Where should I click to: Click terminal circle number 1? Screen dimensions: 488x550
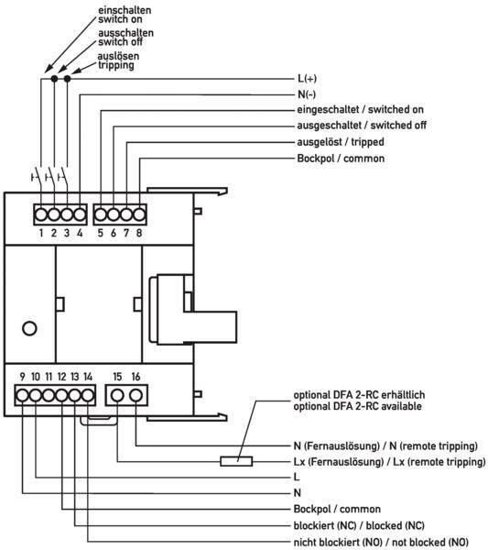[x=41, y=214]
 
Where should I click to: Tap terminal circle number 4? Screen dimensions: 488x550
[x=80, y=214]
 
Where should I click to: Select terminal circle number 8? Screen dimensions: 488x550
[x=139, y=214]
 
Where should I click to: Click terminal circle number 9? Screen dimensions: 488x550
[x=22, y=395]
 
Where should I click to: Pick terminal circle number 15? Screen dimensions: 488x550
[x=117, y=395]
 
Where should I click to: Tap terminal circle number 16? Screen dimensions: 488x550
[x=136, y=395]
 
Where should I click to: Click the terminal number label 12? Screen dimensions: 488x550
[x=61, y=377]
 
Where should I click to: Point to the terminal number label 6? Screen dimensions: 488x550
[x=114, y=233]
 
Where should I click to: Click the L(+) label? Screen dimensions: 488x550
[x=307, y=78]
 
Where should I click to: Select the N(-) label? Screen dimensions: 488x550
[x=307, y=94]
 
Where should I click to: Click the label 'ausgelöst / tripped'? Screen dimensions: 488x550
[x=341, y=142]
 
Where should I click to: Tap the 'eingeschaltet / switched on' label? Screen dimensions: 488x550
[x=360, y=109]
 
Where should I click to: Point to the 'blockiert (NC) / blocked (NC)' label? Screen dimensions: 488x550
[x=359, y=525]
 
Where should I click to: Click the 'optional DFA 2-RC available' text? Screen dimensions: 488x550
[x=357, y=406]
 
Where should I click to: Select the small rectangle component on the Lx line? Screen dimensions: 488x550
[x=236, y=461]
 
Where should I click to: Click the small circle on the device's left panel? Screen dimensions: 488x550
[x=29, y=329]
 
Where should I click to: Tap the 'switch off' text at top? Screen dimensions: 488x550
[x=120, y=42]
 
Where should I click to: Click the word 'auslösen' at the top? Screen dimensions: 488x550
[x=118, y=56]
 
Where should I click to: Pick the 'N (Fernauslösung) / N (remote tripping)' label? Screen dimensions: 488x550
[x=385, y=445]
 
